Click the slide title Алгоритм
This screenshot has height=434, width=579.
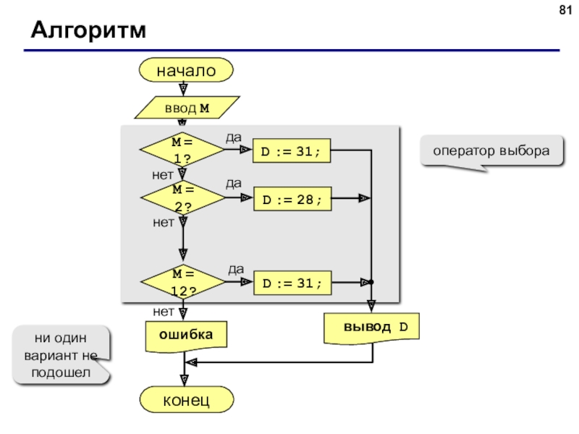tap(88, 30)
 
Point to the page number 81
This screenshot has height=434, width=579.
tap(565, 10)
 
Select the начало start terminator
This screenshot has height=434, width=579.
tap(186, 70)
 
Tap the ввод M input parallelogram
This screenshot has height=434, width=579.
tap(187, 108)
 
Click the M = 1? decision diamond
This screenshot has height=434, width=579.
tap(182, 150)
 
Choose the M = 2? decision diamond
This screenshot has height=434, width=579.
tap(183, 197)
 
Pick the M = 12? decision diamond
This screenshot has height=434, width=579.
tap(183, 282)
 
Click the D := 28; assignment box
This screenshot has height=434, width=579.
tap(292, 200)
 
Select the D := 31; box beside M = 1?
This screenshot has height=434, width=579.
tap(292, 150)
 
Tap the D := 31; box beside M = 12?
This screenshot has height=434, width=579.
tap(292, 283)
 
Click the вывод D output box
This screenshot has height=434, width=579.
tap(371, 328)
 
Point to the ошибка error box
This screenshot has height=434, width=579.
tap(186, 336)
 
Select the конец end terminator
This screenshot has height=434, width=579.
tap(187, 400)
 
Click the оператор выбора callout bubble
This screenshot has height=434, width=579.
tap(491, 151)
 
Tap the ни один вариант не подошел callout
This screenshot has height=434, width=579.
tap(62, 355)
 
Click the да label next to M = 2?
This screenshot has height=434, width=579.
tap(234, 184)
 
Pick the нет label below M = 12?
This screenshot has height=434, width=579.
tap(164, 312)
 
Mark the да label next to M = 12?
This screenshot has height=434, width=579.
tap(236, 269)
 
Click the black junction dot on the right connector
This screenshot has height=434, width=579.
tap(371, 282)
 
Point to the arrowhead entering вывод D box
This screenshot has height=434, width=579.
tap(371, 306)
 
